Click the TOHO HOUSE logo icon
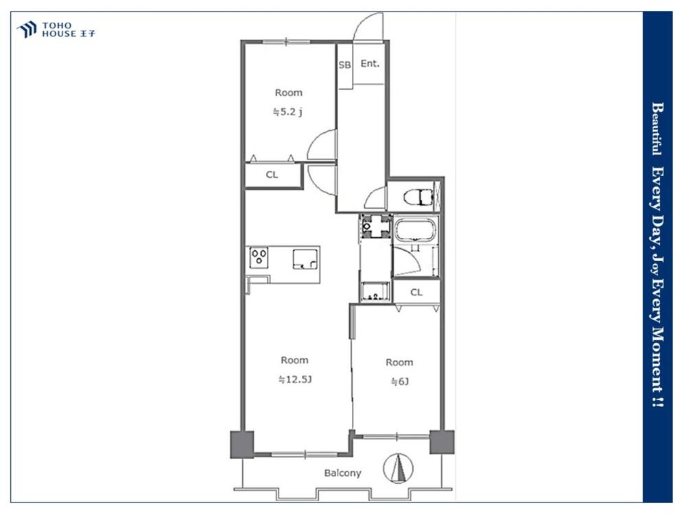26,29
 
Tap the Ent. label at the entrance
370,64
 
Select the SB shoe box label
344,64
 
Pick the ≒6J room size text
399,381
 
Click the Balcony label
342,473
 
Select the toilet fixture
418,197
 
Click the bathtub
414,230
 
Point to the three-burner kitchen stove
259,258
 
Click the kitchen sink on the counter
305,259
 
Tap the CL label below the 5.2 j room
272,175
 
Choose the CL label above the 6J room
416,293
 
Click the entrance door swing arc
368,26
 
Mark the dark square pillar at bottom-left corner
241,444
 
